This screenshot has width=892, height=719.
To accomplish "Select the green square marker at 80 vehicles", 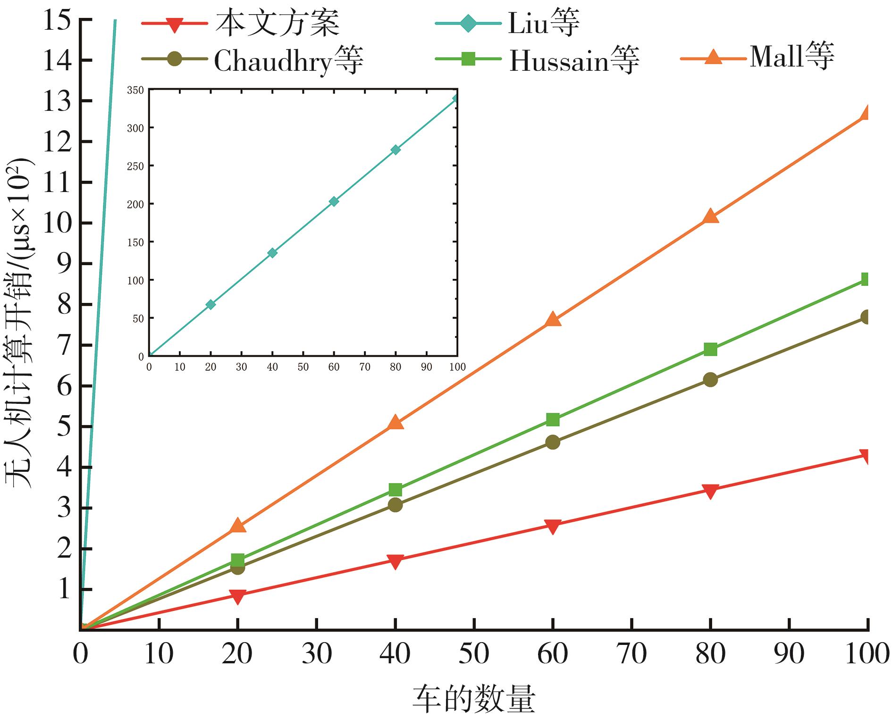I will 710,349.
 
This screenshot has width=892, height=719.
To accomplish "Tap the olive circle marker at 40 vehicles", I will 395,505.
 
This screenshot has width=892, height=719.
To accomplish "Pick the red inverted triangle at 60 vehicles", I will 553,526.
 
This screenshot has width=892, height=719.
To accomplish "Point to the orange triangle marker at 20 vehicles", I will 238,526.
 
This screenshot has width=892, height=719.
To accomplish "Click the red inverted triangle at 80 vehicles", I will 710,491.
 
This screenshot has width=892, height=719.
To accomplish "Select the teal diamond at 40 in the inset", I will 272,253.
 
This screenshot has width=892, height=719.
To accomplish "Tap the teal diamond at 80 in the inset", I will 396,150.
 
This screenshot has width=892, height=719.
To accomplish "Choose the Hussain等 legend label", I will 574,61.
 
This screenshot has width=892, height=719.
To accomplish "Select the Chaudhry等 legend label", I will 288,61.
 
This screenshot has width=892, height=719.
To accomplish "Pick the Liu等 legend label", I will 543,23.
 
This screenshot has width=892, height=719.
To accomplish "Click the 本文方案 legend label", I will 277,23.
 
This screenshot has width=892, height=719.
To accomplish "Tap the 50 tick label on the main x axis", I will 474,654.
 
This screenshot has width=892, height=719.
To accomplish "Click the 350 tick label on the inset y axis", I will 136,90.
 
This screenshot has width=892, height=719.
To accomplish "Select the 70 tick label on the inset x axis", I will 365,367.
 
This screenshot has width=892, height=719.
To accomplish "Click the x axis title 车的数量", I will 474,699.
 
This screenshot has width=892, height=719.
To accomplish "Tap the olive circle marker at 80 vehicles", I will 710,380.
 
